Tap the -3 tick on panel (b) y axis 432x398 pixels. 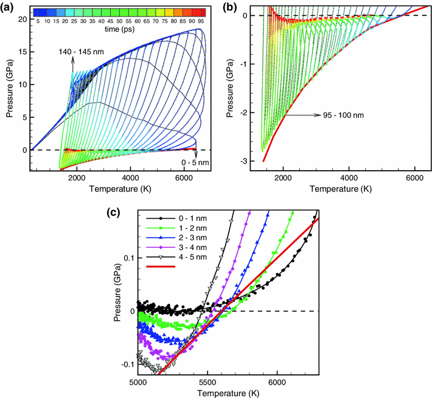click(x=252, y=160)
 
